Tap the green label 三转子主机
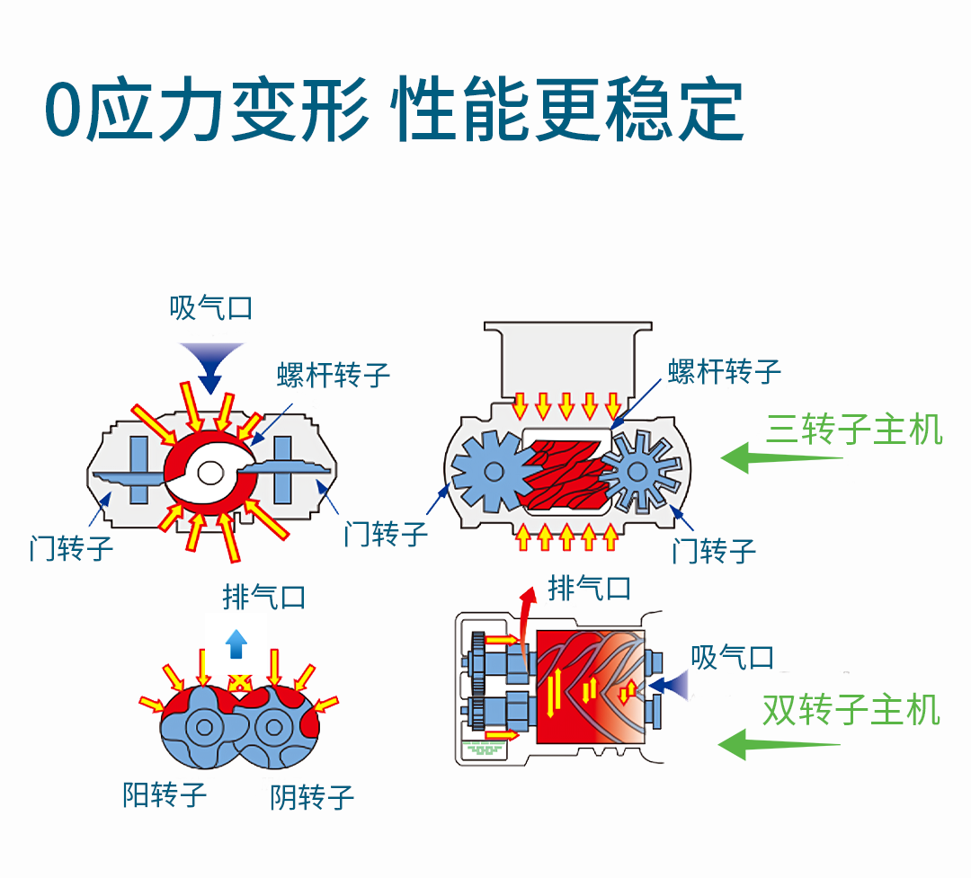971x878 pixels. (x=854, y=430)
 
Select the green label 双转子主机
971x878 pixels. (x=851, y=710)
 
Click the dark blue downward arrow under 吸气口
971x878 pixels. (x=210, y=365)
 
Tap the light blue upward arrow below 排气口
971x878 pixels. (x=236, y=643)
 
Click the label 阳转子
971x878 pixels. (x=165, y=794)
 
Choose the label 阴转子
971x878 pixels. (x=312, y=796)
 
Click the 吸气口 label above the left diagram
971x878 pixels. (x=211, y=308)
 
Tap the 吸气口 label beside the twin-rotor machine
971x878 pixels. (x=732, y=657)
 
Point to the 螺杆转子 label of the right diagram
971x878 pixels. (x=724, y=369)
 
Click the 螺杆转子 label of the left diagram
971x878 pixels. (x=334, y=374)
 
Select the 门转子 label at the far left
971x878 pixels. (x=71, y=547)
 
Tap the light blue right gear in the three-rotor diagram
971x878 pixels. (x=638, y=471)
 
